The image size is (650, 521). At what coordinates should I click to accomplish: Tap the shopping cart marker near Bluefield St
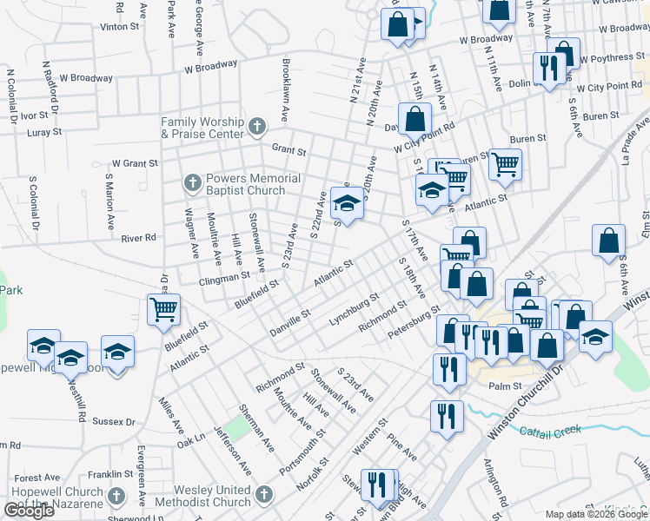click(164, 309)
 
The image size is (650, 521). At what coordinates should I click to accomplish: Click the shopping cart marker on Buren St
click(505, 163)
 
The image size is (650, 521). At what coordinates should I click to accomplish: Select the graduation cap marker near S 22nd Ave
click(347, 204)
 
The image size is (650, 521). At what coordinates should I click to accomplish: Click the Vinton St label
click(119, 27)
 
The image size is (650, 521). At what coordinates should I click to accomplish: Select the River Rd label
click(138, 237)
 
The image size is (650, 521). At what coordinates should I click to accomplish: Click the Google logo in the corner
click(29, 511)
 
